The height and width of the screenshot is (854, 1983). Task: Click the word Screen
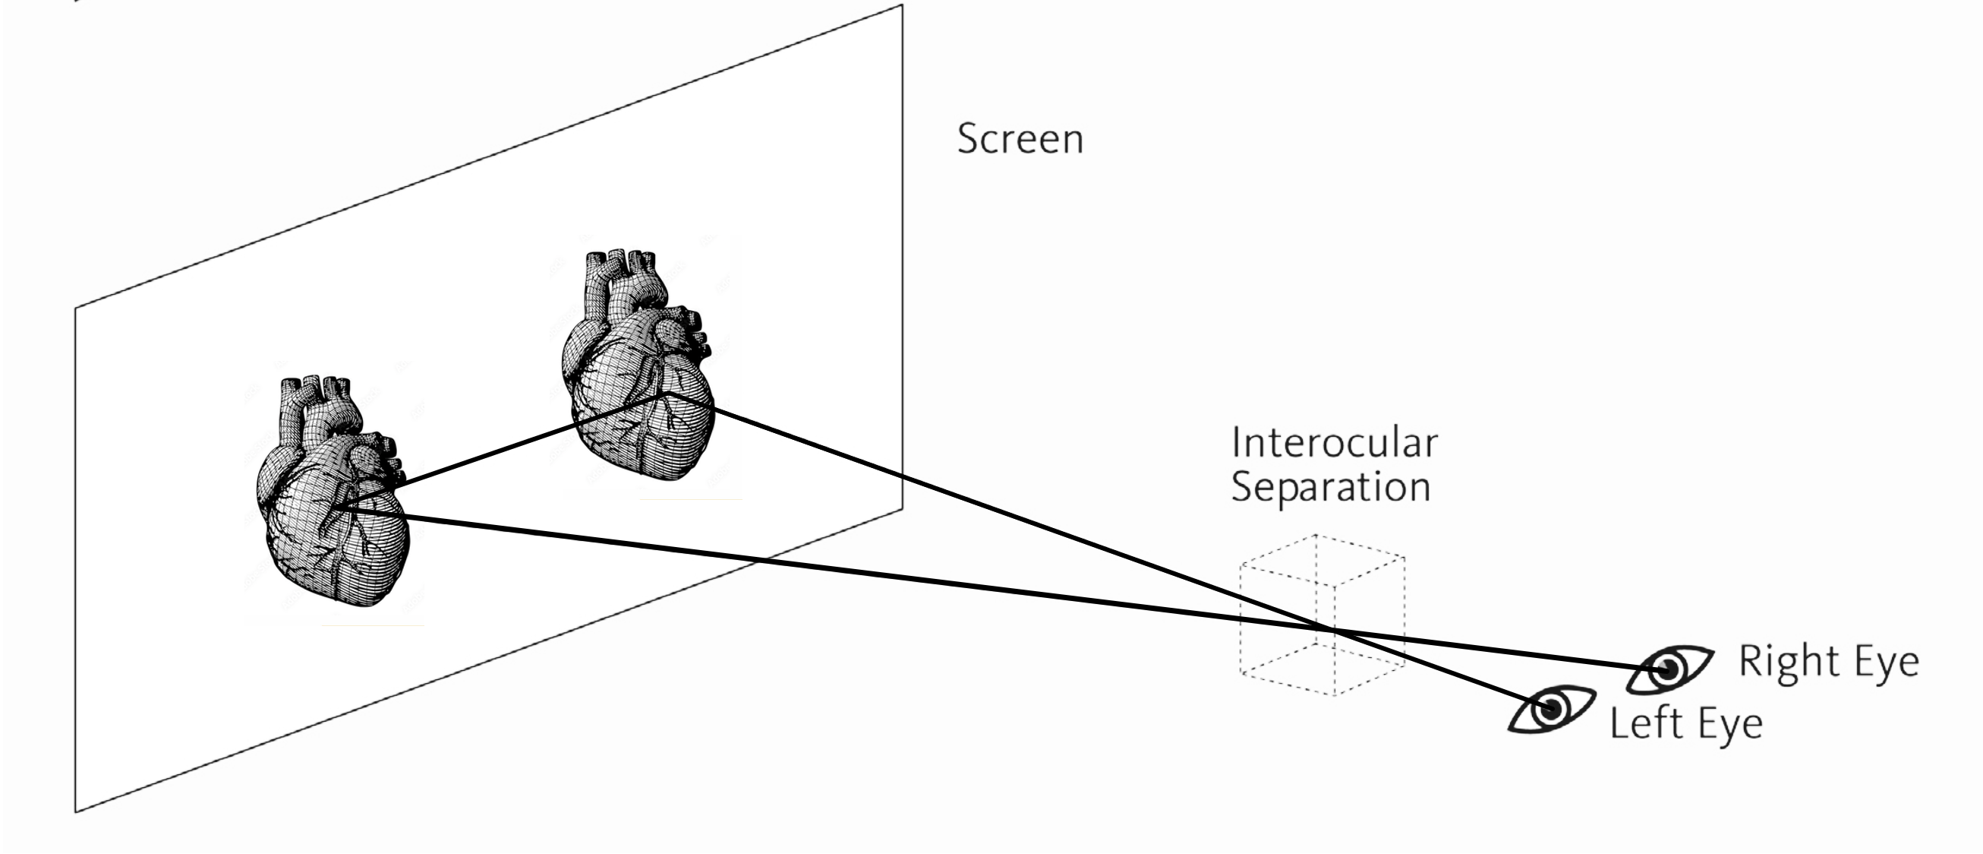pyautogui.click(x=1020, y=139)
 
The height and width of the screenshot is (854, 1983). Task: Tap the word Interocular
pyautogui.click(x=1334, y=443)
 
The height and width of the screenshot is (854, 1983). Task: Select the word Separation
pyautogui.click(x=1330, y=488)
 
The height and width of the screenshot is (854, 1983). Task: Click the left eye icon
pyautogui.click(x=1550, y=708)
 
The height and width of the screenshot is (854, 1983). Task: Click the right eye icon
pyautogui.click(x=1669, y=669)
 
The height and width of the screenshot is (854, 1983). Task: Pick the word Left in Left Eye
pyautogui.click(x=1647, y=724)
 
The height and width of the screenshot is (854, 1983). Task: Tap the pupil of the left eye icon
pyautogui.click(x=1550, y=708)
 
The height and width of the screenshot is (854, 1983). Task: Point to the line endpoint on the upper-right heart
pyautogui.click(x=668, y=393)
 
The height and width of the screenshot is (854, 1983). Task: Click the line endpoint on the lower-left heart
pyautogui.click(x=336, y=508)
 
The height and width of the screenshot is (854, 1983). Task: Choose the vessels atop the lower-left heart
pyautogui.click(x=316, y=400)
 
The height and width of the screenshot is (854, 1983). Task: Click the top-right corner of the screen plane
pyautogui.click(x=901, y=6)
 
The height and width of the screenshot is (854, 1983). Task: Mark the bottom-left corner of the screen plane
pyautogui.click(x=75, y=811)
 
